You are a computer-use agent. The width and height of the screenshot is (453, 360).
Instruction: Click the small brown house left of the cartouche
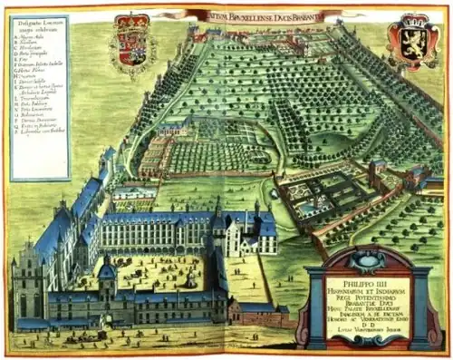255,313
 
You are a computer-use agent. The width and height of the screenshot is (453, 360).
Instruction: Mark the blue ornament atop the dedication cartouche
359,258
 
